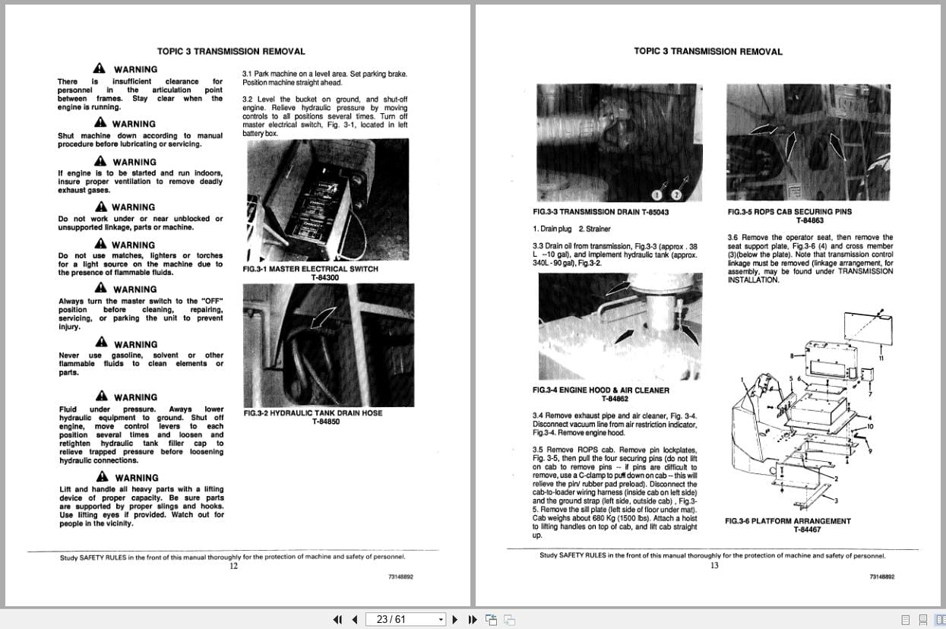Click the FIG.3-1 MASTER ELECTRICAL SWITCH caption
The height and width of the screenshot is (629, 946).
(310, 269)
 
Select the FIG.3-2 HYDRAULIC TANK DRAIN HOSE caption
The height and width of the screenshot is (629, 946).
(312, 413)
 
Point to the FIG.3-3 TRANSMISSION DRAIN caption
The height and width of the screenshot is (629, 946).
(600, 212)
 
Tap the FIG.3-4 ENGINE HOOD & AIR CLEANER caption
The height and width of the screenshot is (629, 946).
(601, 390)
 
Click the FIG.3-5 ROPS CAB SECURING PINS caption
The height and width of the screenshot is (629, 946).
(789, 212)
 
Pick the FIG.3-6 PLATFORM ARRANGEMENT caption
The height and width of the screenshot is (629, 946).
(788, 521)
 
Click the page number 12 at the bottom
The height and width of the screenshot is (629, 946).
(233, 565)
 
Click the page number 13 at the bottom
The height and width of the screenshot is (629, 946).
(714, 564)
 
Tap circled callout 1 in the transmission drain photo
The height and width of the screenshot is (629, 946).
(658, 195)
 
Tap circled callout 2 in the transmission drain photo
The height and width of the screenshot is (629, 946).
(675, 195)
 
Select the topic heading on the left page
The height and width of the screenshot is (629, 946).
(231, 52)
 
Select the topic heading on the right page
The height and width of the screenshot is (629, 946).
(707, 52)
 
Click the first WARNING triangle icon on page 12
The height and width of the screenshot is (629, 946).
(100, 69)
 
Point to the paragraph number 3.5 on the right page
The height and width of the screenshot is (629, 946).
(539, 450)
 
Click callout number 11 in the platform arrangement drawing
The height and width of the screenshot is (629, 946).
(881, 358)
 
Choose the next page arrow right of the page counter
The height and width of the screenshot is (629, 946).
(455, 619)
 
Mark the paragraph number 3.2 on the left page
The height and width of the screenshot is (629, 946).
(248, 100)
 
